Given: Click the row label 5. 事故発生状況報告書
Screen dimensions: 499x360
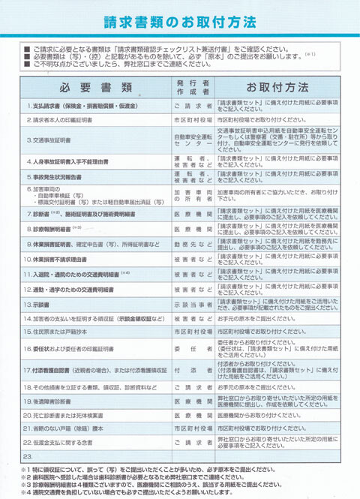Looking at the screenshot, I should (x=57, y=178).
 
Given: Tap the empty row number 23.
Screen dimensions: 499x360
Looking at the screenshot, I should (x=28, y=456).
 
